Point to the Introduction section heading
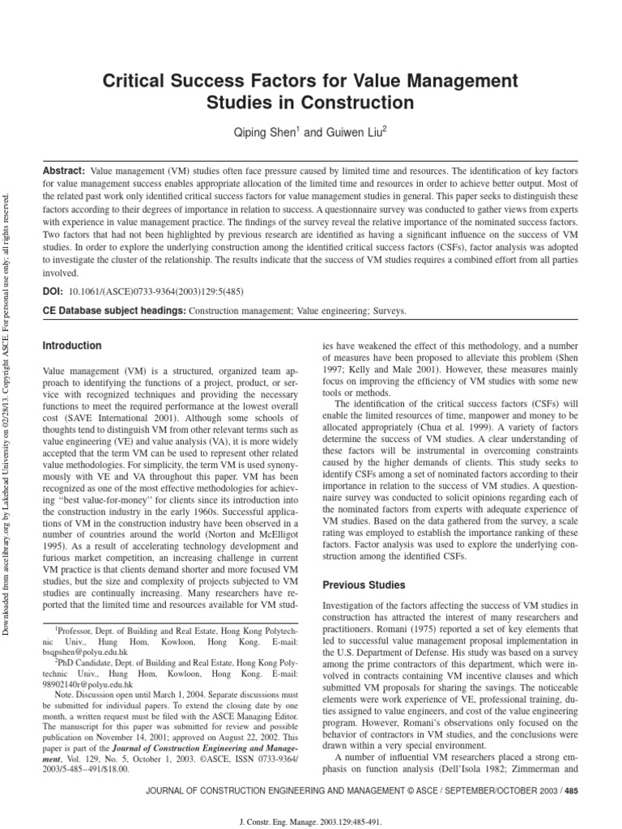72,346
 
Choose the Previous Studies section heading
364,585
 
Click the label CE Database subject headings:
113,310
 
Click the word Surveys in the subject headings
386,310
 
